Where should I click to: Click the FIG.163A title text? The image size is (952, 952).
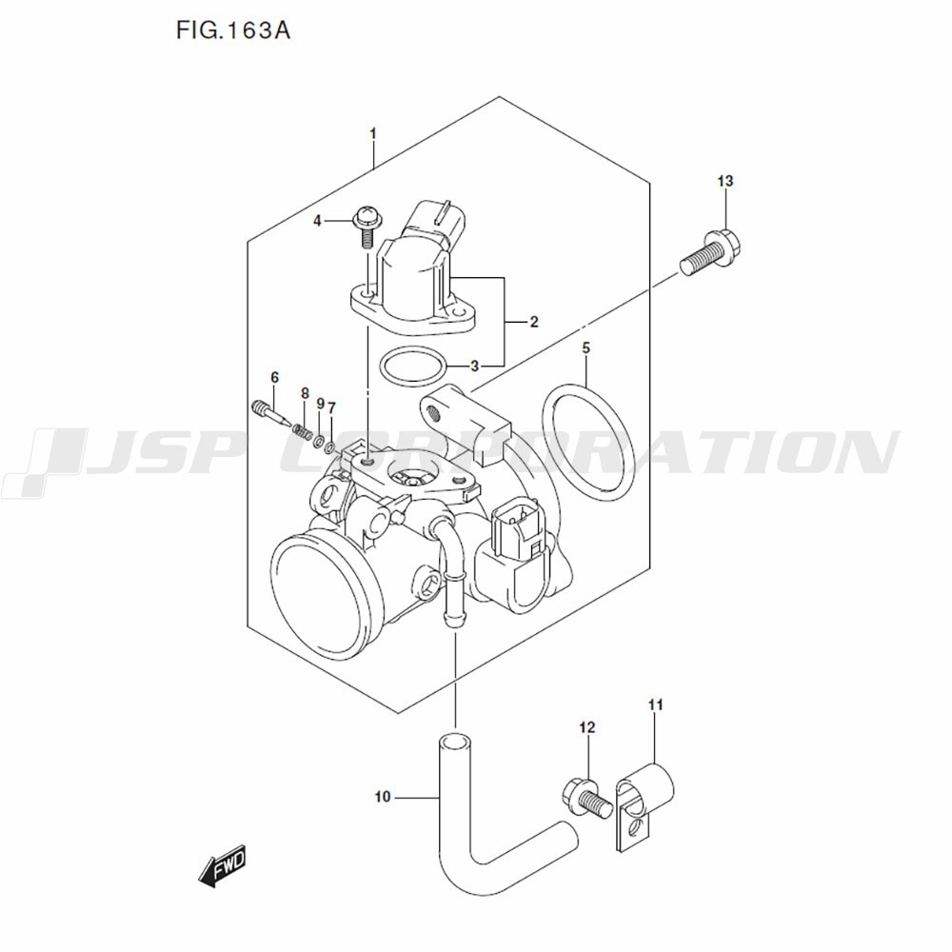coord(232,31)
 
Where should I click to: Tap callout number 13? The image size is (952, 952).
coord(725,181)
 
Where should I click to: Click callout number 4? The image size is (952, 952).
coord(319,221)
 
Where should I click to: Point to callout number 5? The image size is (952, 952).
coord(586,348)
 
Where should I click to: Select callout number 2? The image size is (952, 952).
coord(534,323)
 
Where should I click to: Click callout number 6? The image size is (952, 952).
coord(274,378)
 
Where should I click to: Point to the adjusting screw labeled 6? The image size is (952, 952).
coord(270,415)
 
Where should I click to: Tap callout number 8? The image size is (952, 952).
coord(306,393)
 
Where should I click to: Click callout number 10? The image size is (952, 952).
coord(383,797)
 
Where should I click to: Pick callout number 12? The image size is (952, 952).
coord(586,728)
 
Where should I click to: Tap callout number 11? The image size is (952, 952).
coord(655,704)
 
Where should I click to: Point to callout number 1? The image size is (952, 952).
coord(373,133)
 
